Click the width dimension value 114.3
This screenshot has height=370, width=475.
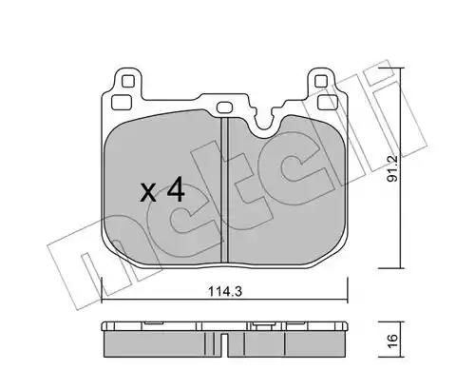point(225,291)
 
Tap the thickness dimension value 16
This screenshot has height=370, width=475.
point(392,341)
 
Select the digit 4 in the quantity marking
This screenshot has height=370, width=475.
point(176,189)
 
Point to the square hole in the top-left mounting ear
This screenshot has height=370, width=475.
point(128,81)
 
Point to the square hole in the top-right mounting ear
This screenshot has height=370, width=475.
point(321,81)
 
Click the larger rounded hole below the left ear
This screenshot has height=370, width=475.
point(122,102)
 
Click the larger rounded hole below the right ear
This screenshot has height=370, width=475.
point(328,102)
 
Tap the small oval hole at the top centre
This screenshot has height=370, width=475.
point(225,107)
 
